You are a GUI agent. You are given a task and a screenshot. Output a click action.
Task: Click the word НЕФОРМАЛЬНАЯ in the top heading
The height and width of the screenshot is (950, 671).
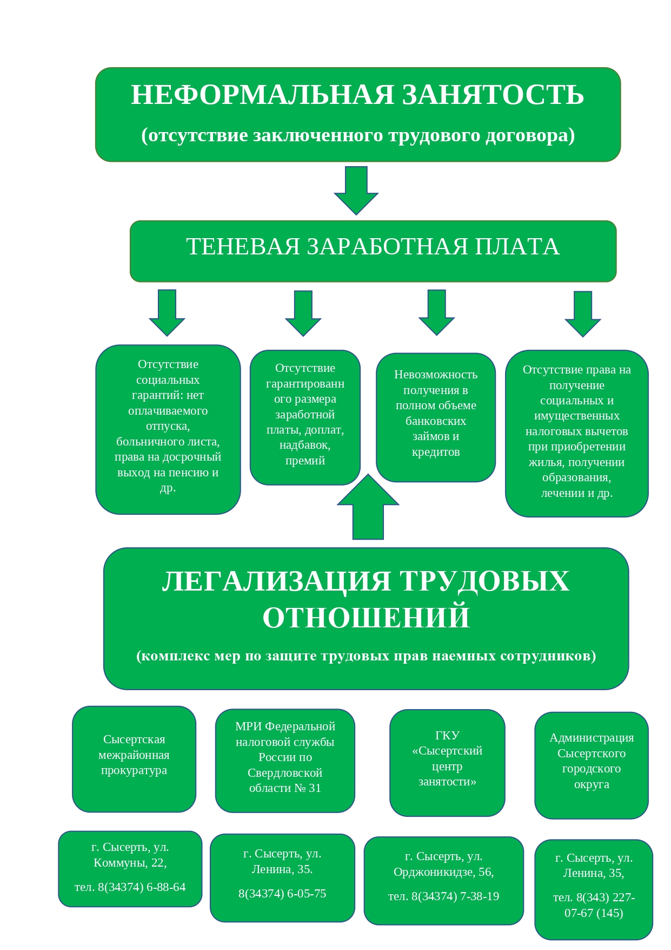point(262,95)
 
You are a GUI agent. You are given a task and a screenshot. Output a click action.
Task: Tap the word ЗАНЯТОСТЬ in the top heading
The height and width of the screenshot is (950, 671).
point(493,95)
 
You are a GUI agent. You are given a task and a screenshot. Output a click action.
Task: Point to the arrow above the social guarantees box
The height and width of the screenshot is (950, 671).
point(167,313)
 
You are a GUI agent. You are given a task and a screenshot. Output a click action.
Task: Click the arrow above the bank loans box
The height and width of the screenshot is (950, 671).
point(436,313)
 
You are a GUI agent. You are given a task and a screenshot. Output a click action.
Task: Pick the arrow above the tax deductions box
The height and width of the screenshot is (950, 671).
point(582,315)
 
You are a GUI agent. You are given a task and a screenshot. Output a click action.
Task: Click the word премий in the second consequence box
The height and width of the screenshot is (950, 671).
point(305,461)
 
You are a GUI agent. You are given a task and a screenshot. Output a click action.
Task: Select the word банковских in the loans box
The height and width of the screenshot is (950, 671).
point(436,421)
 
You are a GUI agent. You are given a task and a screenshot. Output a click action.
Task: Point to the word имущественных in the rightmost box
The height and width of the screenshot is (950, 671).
point(576,416)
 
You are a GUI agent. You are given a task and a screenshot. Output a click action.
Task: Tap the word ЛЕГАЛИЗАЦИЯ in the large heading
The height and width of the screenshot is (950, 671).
point(276,581)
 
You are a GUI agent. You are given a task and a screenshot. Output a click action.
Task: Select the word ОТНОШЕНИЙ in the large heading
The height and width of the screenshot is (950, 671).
point(366,618)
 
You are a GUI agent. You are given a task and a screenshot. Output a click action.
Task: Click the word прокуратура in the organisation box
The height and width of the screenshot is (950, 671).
point(134,770)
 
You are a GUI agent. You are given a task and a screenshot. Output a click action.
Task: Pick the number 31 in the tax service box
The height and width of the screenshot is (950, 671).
point(315,788)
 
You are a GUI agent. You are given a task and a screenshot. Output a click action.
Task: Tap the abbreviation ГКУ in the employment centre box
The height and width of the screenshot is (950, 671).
point(447,736)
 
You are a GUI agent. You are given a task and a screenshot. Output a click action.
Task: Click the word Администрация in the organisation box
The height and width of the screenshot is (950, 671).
point(592,738)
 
